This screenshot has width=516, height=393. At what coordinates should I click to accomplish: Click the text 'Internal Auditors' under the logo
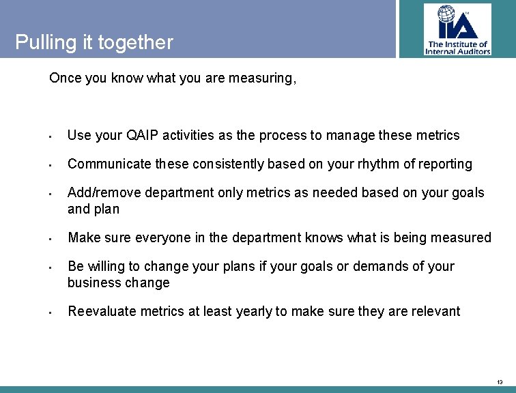tap(457, 51)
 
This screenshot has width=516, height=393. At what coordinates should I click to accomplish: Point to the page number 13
tap(500, 382)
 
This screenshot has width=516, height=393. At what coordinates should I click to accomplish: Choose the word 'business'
tap(91, 283)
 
